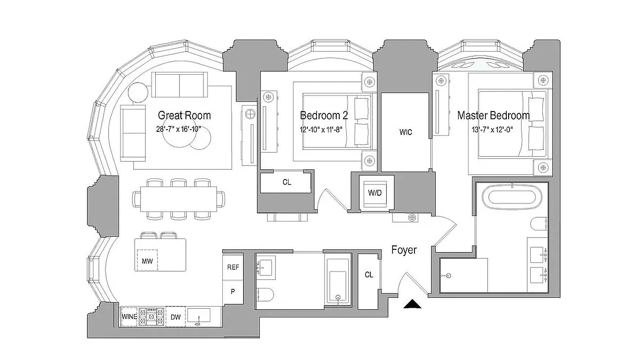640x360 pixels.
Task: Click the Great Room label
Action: (x=184, y=116)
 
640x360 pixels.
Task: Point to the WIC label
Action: (x=406, y=132)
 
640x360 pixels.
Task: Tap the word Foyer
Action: (x=404, y=250)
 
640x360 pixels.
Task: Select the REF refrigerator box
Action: (x=233, y=267)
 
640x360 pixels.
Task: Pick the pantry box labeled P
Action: (x=233, y=291)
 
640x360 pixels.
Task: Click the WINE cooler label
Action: (x=129, y=317)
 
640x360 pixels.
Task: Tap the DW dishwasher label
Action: (x=175, y=317)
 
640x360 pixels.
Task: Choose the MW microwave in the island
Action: (x=147, y=261)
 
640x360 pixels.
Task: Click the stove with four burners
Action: (x=152, y=317)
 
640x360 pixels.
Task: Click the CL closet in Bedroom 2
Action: (x=286, y=182)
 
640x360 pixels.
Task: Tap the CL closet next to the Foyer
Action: (x=369, y=274)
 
